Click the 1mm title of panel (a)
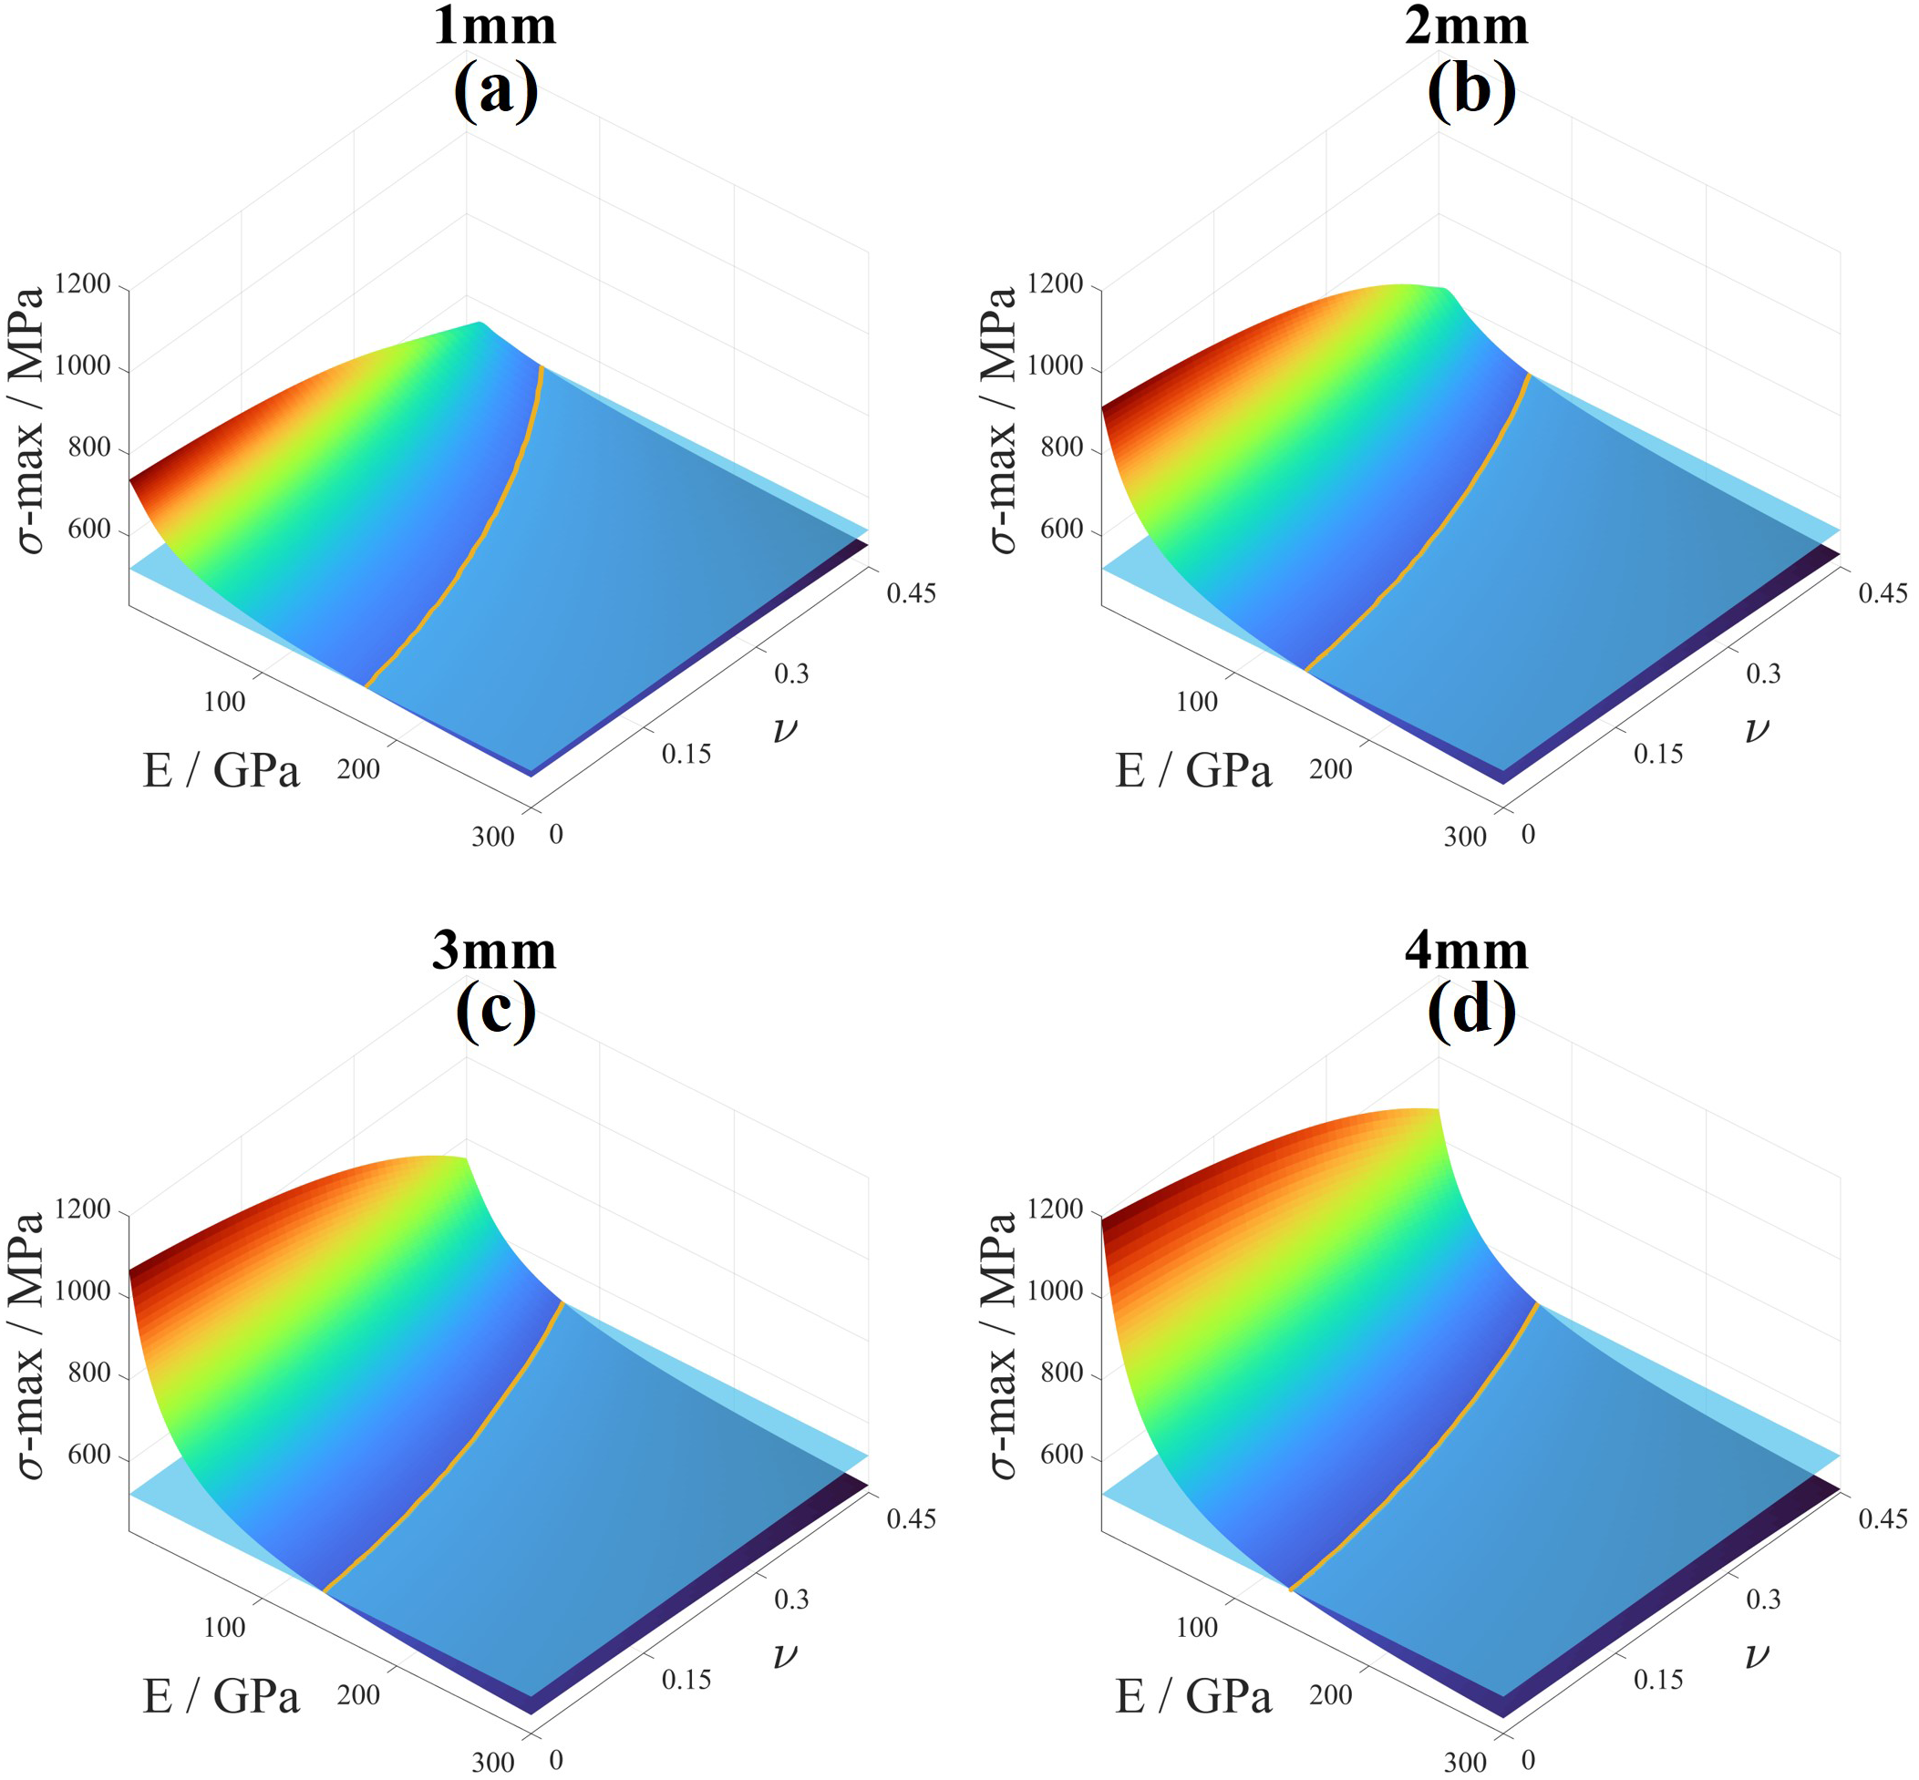pyautogui.click(x=494, y=26)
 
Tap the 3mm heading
pyautogui.click(x=494, y=951)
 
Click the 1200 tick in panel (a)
pyautogui.click(x=83, y=284)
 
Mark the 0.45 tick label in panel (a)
pyautogui.click(x=911, y=593)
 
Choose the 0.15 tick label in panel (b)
pyautogui.click(x=1658, y=754)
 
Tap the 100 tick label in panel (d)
pyautogui.click(x=1196, y=1628)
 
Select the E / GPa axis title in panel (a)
pyautogui.click(x=222, y=770)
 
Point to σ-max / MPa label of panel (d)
pyautogui.click(x=1002, y=1344)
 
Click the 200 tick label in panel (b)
pyautogui.click(x=1330, y=769)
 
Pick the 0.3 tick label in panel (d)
pyautogui.click(x=1763, y=1600)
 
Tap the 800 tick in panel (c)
pyautogui.click(x=89, y=1373)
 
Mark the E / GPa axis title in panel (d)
pyautogui.click(x=1193, y=1695)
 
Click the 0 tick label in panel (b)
pyautogui.click(x=1528, y=834)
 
